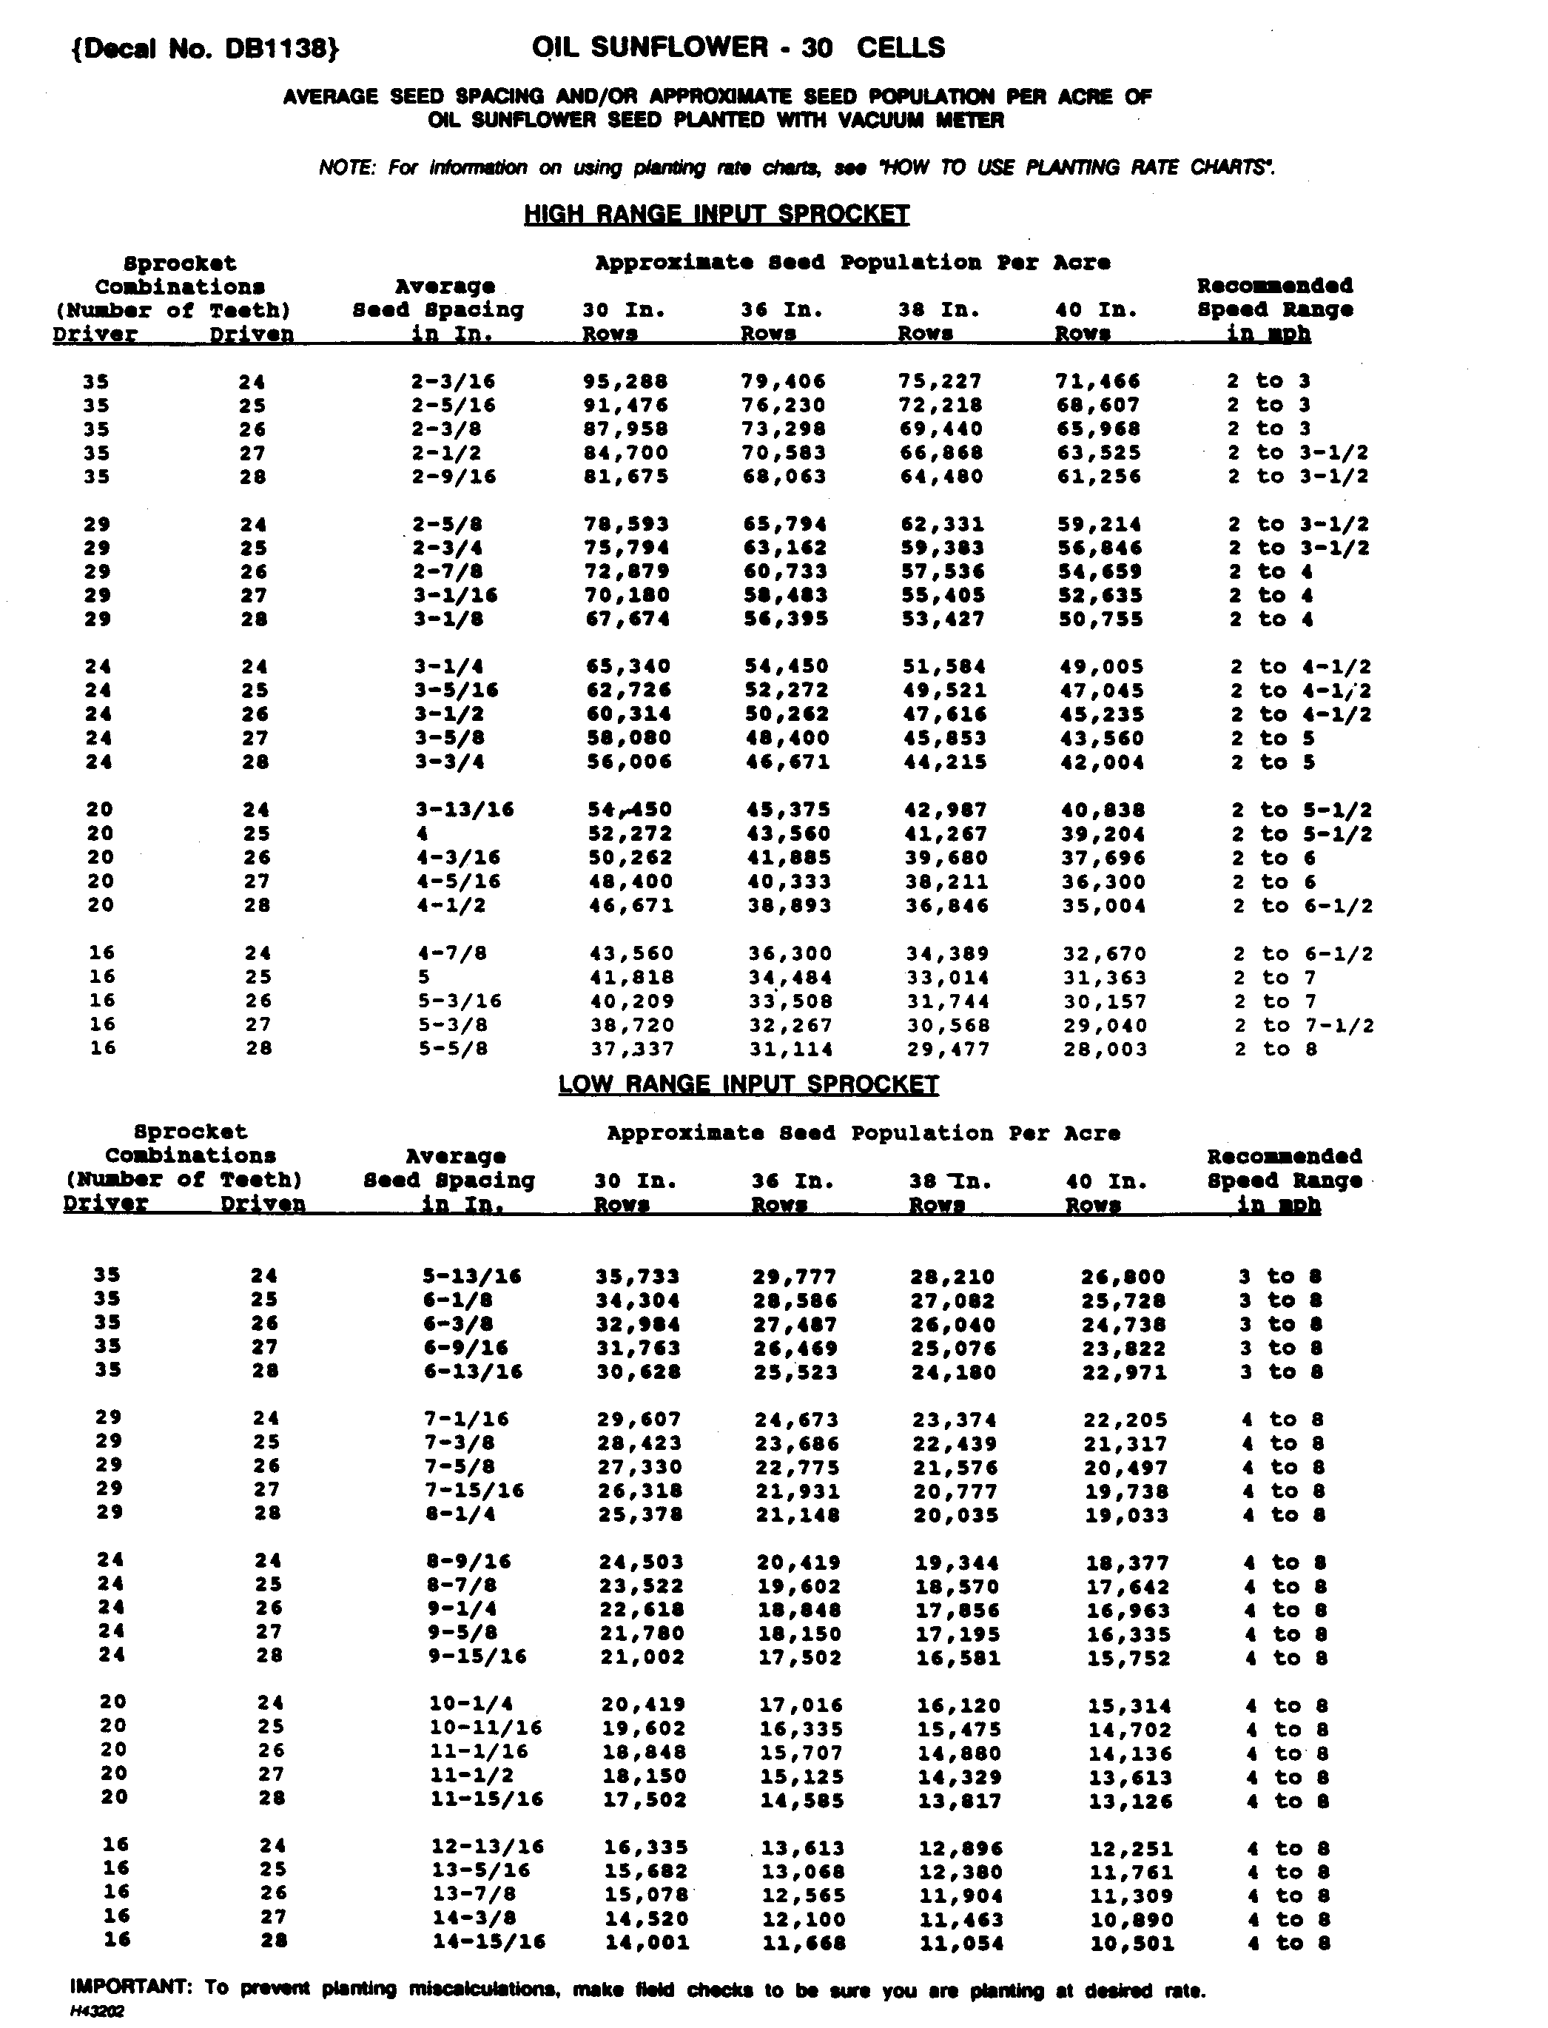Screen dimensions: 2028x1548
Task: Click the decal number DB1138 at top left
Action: tap(204, 48)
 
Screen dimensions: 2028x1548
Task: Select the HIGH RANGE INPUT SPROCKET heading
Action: tap(716, 215)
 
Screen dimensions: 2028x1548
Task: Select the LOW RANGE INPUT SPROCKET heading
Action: tap(748, 1084)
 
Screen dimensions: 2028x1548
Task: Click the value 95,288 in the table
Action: tap(626, 381)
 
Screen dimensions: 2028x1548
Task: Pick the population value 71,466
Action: tap(1097, 381)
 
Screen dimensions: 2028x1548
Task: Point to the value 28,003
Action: tap(1105, 1050)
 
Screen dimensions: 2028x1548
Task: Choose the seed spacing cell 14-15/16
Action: tap(488, 1942)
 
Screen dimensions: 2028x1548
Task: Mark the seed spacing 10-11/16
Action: tap(485, 1728)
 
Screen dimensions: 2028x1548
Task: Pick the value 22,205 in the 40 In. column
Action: tap(1124, 1420)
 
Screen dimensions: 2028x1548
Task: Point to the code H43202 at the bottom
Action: tap(97, 2012)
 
